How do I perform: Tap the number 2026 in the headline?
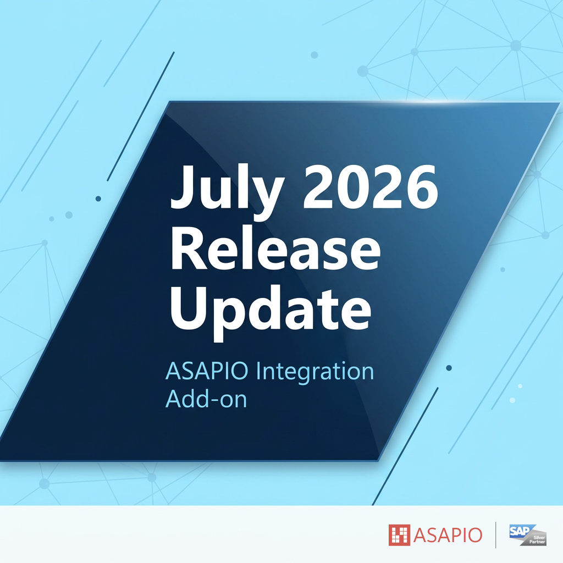tap(371, 187)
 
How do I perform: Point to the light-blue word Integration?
tap(315, 371)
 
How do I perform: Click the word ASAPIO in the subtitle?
tap(207, 371)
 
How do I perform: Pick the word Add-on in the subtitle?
tap(206, 399)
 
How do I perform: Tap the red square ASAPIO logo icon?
tap(399, 535)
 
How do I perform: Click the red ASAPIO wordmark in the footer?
tap(448, 536)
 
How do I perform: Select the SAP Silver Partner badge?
tap(528, 535)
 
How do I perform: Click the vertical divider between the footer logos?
tap(495, 535)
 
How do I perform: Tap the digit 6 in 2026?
tap(422, 187)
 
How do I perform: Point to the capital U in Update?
tap(189, 308)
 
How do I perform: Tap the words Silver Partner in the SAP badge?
tap(537, 540)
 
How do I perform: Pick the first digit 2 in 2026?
tap(319, 187)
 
